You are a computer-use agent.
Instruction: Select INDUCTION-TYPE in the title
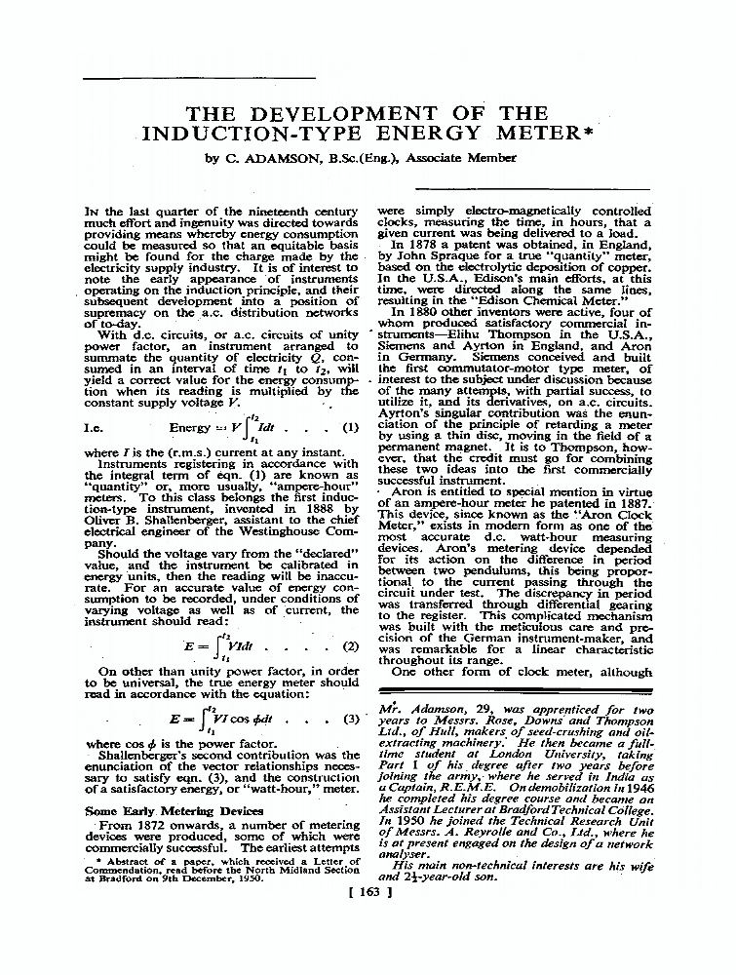(x=242, y=134)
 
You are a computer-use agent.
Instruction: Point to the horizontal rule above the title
(x=199, y=77)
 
